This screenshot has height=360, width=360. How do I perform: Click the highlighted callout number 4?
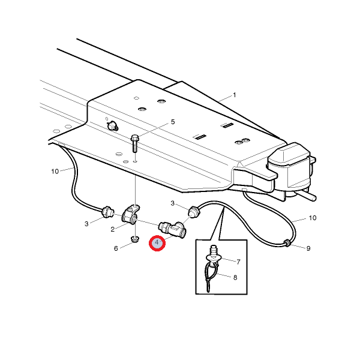pyautogui.click(x=157, y=242)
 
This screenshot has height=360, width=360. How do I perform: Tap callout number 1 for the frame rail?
pyautogui.click(x=235, y=95)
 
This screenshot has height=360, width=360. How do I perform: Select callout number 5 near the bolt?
pyautogui.click(x=173, y=122)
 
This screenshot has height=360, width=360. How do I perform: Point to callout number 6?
pyautogui.click(x=116, y=248)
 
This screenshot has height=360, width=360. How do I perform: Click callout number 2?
pyautogui.click(x=113, y=229)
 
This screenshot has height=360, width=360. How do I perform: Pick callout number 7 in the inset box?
pyautogui.click(x=238, y=262)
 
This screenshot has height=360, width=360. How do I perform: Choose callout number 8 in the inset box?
pyautogui.click(x=235, y=278)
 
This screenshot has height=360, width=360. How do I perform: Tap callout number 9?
pyautogui.click(x=308, y=248)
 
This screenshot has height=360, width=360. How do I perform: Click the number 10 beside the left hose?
pyautogui.click(x=55, y=171)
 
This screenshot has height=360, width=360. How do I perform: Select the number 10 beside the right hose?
pyautogui.click(x=313, y=218)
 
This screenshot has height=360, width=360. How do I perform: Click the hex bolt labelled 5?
pyautogui.click(x=135, y=144)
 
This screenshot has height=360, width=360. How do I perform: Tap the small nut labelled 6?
pyautogui.click(x=134, y=239)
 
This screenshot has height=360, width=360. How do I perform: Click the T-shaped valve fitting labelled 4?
pyautogui.click(x=173, y=229)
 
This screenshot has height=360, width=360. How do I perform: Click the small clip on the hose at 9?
pyautogui.click(x=287, y=243)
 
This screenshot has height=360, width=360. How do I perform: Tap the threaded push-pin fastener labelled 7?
pyautogui.click(x=214, y=254)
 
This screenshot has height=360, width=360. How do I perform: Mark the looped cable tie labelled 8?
pyautogui.click(x=210, y=277)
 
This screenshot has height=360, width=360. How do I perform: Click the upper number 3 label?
pyautogui.click(x=173, y=203)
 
